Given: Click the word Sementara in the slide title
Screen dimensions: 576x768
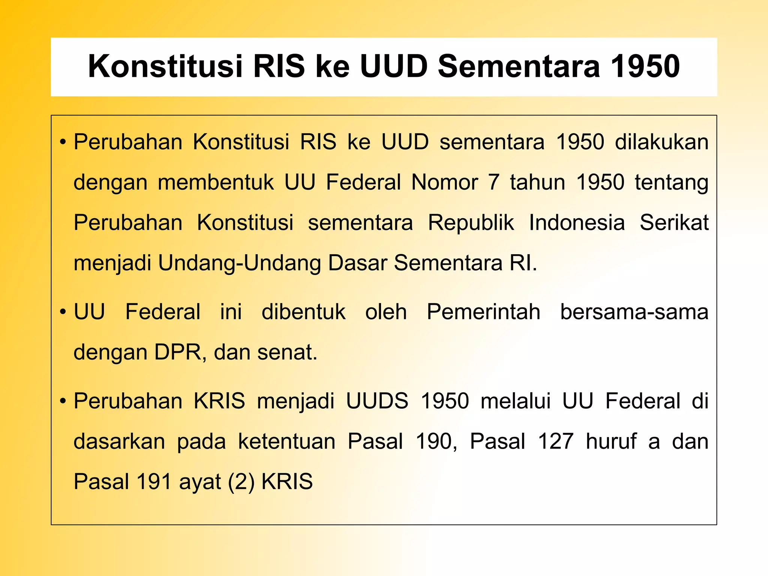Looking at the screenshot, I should click(x=519, y=66).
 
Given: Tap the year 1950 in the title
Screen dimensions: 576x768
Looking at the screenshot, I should click(x=645, y=66).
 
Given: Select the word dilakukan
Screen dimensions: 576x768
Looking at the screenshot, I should click(x=661, y=142).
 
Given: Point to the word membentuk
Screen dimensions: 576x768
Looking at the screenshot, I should click(x=216, y=183).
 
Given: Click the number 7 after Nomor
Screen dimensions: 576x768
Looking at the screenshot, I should click(x=494, y=183).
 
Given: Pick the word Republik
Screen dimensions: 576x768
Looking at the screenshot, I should click(x=471, y=223).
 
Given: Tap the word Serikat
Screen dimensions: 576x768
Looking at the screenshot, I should click(x=674, y=223).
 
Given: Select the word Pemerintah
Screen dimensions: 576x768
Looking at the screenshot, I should click(x=483, y=312).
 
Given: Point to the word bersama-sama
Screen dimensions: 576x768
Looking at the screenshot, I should click(x=634, y=312).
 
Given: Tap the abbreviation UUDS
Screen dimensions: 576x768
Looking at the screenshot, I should click(x=377, y=401).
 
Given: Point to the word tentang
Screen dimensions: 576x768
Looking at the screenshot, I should click(x=671, y=183).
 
